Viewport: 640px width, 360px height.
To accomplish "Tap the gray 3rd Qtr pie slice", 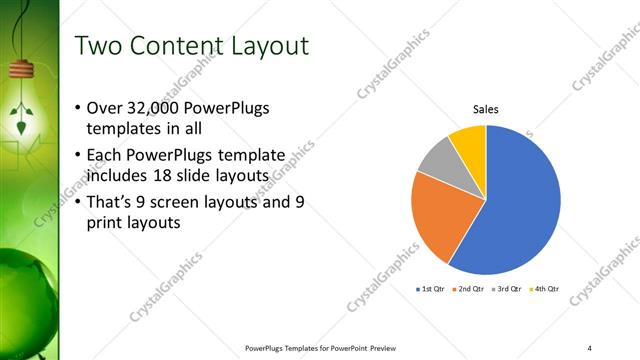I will pos(436,160).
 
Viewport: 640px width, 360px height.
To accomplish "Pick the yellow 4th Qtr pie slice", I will pos(469,140).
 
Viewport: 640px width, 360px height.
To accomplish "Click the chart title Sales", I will pos(485,109).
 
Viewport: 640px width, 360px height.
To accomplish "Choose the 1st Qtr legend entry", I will pos(430,289).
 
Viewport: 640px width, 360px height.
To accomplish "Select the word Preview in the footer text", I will pos(385,348).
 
